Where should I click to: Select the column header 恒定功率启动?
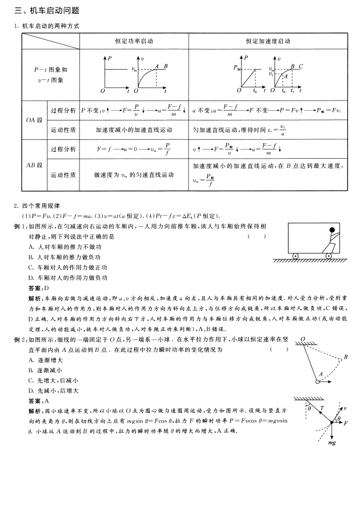tap(134, 42)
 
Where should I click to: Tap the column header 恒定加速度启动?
tap(268, 42)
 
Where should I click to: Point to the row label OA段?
tap(34, 120)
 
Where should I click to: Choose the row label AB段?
tap(34, 165)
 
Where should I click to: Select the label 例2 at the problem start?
tap(19, 339)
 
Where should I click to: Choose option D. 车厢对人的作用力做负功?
tap(68, 277)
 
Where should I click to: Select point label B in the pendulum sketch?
tap(346, 358)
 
